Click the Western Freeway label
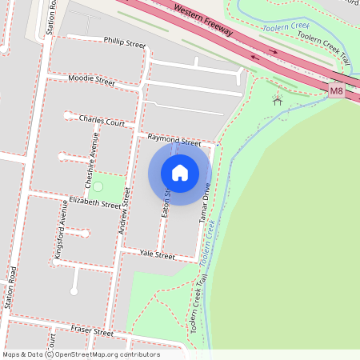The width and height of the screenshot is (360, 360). click(202, 19)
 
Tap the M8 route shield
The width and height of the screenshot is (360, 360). click(337, 92)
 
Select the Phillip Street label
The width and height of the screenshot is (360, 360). click(125, 42)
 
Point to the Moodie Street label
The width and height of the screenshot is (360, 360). click(91, 79)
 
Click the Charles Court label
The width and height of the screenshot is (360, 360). click(102, 121)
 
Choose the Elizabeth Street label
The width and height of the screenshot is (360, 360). click(94, 202)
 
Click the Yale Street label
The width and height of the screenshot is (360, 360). click(157, 255)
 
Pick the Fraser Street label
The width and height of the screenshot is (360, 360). click(92, 330)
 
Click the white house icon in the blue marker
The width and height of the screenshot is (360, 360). click(180, 172)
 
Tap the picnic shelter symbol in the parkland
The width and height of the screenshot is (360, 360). click(277, 100)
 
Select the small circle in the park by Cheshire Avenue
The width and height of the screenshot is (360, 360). click(98, 186)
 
